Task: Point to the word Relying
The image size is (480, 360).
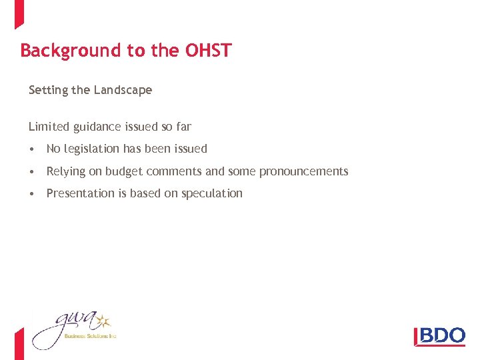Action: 66,171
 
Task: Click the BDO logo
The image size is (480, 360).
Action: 439,335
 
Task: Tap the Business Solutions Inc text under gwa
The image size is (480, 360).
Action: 90,337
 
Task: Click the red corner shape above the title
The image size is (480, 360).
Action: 19,13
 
